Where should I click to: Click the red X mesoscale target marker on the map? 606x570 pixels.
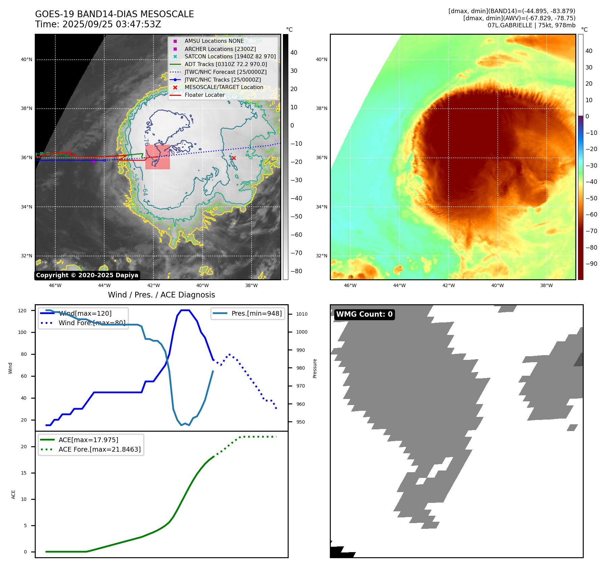[x=233, y=158]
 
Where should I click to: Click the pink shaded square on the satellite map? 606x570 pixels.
[x=157, y=157]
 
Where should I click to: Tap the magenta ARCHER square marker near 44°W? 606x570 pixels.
[x=93, y=162]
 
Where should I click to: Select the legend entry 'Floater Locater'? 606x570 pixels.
[x=204, y=95]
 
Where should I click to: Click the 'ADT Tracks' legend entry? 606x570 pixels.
[x=226, y=64]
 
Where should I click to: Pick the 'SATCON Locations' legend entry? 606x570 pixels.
[x=230, y=56]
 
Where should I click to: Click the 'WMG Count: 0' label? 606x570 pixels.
[x=364, y=314]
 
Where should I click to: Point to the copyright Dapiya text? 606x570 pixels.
[x=87, y=275]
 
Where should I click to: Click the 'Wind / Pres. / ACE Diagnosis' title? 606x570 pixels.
[x=161, y=295]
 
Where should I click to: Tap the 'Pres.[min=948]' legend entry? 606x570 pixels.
[x=256, y=313]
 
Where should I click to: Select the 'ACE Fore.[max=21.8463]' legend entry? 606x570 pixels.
[x=99, y=449]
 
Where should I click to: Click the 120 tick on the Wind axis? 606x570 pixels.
[x=22, y=311]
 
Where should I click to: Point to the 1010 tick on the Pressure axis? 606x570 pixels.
[x=302, y=314]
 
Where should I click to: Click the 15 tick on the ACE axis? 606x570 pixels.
[x=24, y=473]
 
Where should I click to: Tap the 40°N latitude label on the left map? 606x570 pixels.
[x=27, y=60]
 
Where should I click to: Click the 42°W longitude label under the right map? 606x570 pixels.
[x=448, y=285]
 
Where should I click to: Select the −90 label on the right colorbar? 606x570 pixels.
[x=591, y=264]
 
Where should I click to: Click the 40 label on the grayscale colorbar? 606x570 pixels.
[x=294, y=53]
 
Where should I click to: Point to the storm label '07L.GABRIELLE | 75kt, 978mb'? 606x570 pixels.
[x=531, y=25]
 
